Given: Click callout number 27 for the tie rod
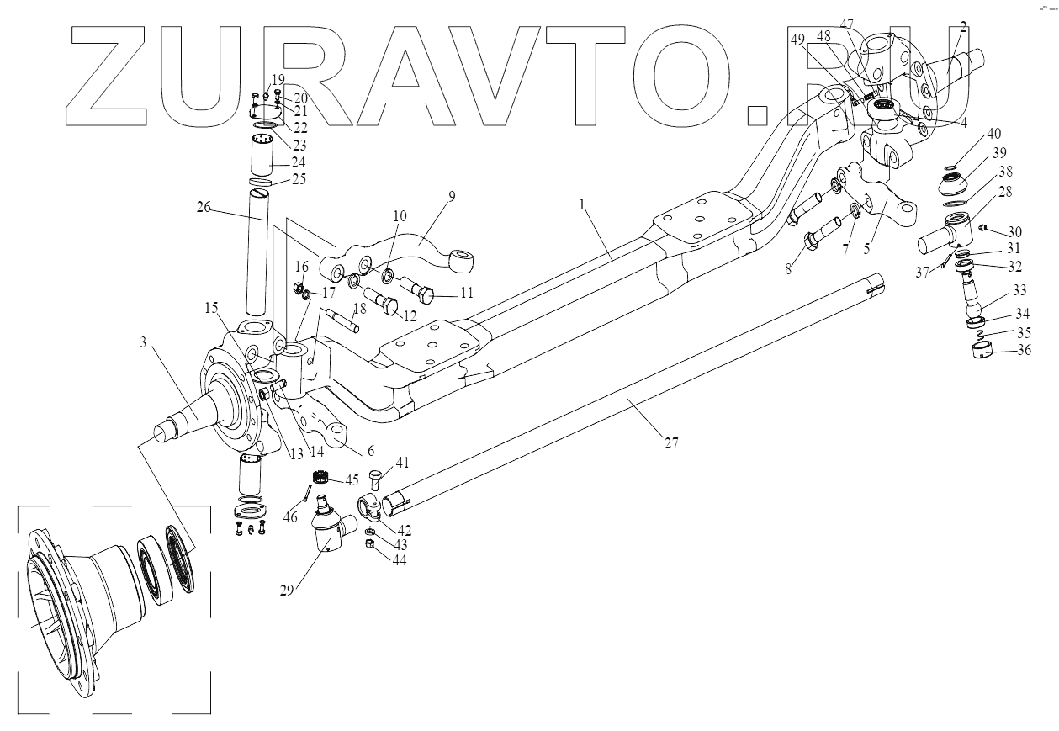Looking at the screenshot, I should coord(670,442).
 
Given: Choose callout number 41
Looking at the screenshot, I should coord(402,463).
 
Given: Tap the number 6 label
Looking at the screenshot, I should coord(370,451).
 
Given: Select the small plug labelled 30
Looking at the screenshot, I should coord(989,229).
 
